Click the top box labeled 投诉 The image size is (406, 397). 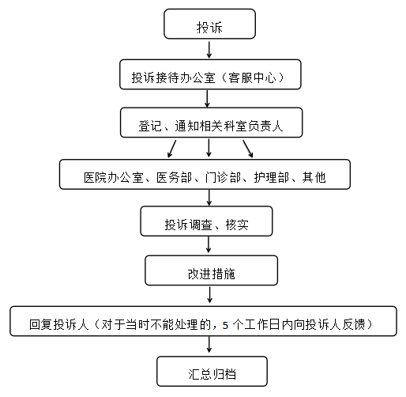coord(209,24)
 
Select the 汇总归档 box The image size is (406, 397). coord(212,371)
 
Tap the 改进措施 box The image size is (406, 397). coord(211,270)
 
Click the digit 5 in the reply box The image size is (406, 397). coord(225,326)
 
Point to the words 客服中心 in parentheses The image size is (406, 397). coord(252,78)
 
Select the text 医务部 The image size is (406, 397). coord(175,177)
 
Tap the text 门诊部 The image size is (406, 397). coord(223,177)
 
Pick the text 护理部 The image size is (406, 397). coord(272,177)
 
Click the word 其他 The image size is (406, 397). coord(314,177)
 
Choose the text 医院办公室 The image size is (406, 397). coord(114,177)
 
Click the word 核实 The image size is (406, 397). coord(237,225)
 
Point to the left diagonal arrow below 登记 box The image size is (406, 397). coord(171,149)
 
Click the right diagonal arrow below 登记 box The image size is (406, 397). coord(248,149)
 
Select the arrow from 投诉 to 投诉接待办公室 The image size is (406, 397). coord(209,50)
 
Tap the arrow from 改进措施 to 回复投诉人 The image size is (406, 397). coord(210,295)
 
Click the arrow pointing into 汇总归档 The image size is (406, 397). coord(209,345)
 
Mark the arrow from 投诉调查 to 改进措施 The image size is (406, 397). coord(209,244)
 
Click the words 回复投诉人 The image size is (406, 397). coord(59,324)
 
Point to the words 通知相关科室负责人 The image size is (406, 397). coord(229,126)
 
